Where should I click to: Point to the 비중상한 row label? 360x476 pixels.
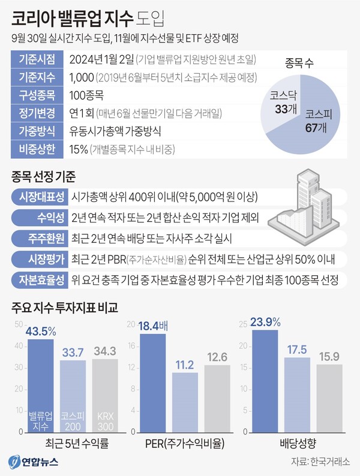click(37, 148)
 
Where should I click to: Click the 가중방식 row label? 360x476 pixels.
click(37, 130)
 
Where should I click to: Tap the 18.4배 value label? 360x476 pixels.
click(155, 326)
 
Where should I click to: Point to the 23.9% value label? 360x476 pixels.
click(266, 323)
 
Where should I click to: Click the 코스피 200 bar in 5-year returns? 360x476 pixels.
click(73, 396)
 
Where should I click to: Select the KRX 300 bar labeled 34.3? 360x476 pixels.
click(105, 396)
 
